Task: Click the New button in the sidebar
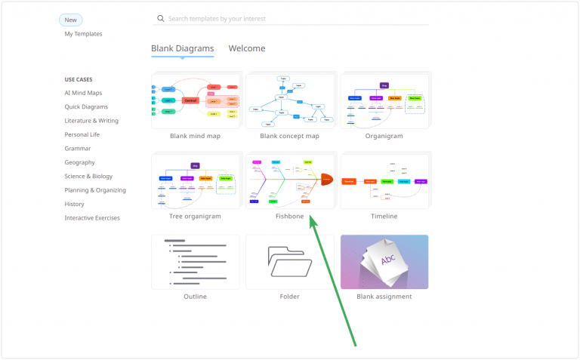71,20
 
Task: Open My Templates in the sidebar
83,34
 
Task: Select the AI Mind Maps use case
83,93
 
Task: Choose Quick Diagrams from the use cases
86,107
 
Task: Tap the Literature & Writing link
91,121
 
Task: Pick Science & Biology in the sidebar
88,177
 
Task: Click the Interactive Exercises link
92,218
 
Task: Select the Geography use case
80,162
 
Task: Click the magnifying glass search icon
159,18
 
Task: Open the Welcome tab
247,48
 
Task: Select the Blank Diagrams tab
182,48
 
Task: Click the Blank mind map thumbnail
195,101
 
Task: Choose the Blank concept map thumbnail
289,101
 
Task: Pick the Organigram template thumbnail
384,101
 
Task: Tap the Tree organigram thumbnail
195,181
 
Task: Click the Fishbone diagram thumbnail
289,181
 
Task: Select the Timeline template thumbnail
384,181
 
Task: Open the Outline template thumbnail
195,261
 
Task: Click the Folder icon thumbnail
289,261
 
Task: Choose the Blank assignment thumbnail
384,261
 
